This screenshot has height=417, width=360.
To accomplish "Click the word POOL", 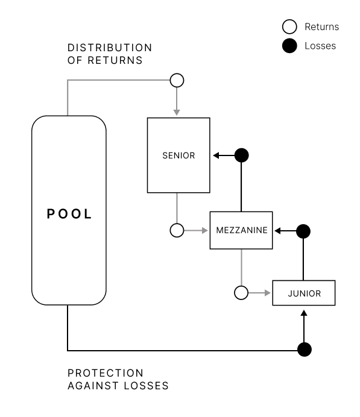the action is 69,214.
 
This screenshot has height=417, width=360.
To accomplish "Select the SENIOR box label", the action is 178,155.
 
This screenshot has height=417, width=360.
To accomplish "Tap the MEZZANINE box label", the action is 242,230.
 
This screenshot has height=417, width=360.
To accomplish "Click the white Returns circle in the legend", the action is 289,27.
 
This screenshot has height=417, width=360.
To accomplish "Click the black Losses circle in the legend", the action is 289,46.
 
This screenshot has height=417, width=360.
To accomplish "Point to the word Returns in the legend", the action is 321,27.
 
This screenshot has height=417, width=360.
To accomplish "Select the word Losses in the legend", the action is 320,46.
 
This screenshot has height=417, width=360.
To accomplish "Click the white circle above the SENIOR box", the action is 177,80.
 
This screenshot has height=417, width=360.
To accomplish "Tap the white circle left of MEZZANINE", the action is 177,230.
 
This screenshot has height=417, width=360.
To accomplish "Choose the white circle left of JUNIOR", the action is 241,293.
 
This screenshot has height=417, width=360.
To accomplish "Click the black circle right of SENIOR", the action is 242,155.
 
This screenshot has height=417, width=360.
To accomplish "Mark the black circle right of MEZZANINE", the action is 303,231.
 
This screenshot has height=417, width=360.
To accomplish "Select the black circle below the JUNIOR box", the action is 305,350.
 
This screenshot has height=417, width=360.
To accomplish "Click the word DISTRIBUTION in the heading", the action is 110,48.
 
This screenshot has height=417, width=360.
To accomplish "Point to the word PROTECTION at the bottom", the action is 106,373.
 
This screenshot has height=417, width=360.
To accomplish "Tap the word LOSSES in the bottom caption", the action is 146,386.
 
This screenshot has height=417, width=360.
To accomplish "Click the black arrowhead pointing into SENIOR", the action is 216,155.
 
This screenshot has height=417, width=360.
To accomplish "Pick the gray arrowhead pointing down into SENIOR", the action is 177,113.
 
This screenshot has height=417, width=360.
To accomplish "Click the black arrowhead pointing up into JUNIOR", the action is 304,313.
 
